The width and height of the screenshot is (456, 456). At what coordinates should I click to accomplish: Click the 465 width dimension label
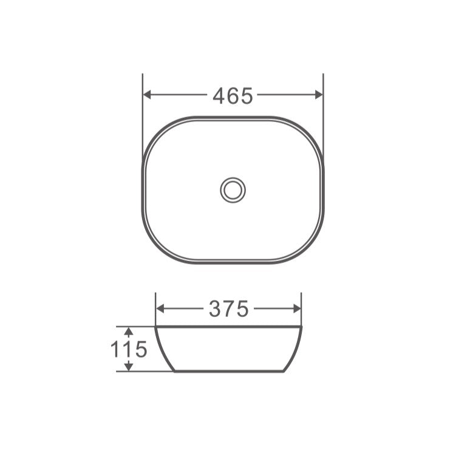[233, 95]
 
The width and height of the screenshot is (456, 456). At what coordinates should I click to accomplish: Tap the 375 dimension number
[228, 309]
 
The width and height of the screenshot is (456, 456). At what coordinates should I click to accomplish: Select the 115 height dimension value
[128, 349]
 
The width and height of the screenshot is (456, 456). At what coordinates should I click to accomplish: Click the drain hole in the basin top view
[233, 190]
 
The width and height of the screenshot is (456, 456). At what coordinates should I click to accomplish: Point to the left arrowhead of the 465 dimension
[146, 95]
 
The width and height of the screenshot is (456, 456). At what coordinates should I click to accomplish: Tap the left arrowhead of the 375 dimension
[160, 308]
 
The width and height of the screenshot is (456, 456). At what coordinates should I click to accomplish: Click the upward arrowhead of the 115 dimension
[128, 330]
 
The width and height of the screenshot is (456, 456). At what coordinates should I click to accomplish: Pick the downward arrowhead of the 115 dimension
[128, 367]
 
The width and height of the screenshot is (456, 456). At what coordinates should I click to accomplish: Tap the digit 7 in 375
[229, 309]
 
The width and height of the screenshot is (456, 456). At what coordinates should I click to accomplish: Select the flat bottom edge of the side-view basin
[228, 371]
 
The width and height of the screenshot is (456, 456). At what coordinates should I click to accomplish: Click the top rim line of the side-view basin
[228, 327]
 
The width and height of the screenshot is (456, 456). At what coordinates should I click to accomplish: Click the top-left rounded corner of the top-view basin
[155, 129]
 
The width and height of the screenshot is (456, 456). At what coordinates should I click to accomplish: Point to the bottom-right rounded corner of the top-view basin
[310, 250]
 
